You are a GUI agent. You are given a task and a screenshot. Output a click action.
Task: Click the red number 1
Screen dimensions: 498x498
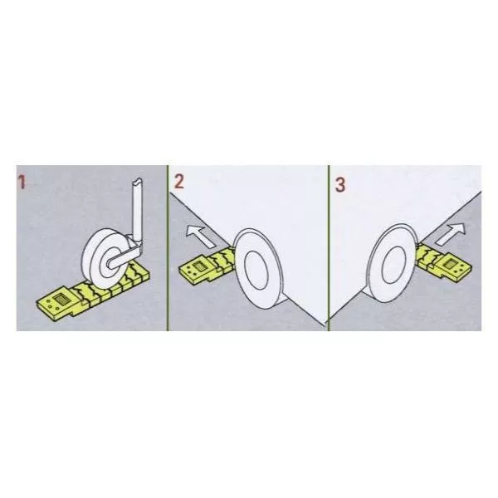coord(22,183)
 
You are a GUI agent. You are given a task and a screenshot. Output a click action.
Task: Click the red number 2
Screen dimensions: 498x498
coord(179,183)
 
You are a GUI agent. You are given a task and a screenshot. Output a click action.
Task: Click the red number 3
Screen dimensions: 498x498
coord(340,184)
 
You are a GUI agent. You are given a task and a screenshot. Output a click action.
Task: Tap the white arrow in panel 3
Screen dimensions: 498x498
coord(451,233)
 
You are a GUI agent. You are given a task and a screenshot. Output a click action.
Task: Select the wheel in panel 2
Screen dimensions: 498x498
coord(258,269)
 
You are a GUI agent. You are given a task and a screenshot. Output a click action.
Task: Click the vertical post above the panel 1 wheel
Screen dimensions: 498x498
coord(137,210)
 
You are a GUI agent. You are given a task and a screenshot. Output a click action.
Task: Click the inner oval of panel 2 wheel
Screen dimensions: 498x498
coord(256,270)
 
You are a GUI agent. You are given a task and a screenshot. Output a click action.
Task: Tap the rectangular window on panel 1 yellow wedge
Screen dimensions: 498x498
coord(60,299)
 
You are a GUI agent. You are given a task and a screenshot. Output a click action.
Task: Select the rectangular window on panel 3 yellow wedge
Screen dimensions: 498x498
coord(451,263)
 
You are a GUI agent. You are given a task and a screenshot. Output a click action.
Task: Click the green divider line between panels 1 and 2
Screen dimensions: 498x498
coord(168,248)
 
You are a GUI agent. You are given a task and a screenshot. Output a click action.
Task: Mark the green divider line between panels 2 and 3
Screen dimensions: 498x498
coord(329,248)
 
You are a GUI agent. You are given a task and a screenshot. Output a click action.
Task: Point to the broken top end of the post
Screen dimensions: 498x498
coord(138,181)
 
